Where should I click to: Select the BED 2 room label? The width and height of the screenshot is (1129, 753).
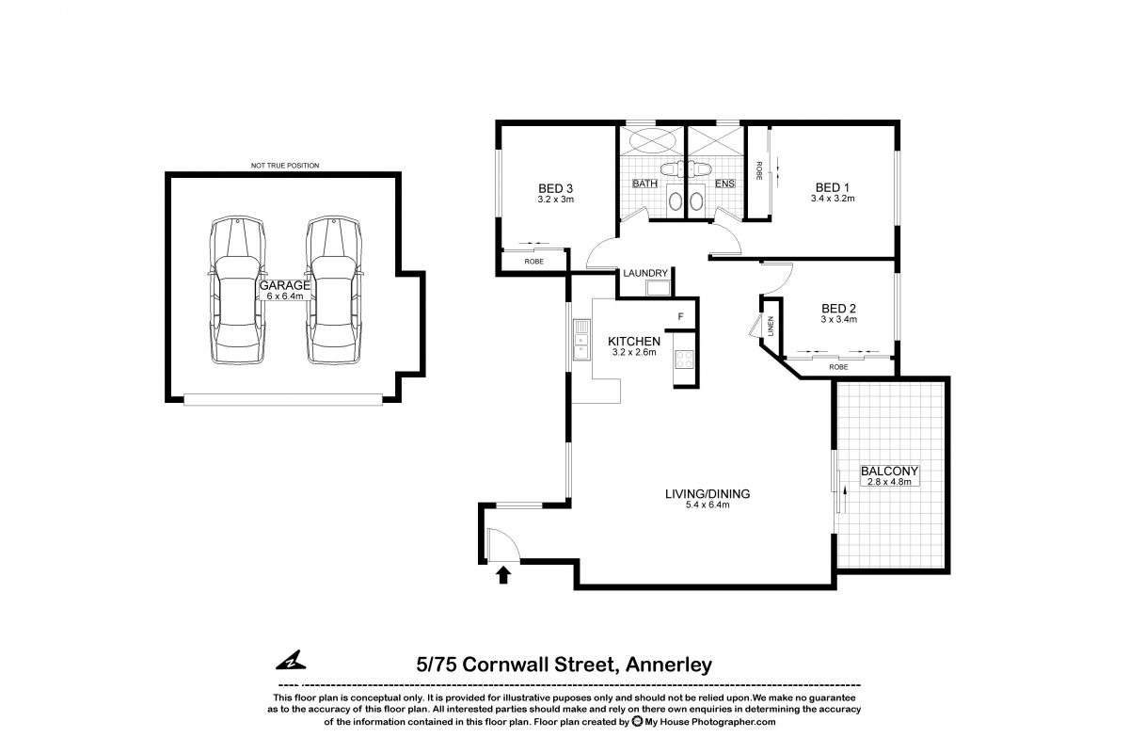[x=837, y=308]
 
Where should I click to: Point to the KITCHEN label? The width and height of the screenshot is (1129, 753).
[x=634, y=342]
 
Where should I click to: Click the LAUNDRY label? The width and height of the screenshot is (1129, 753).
[x=645, y=273]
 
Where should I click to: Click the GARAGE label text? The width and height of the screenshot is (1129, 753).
[x=285, y=284]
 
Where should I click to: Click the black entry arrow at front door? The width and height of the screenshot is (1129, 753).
[x=503, y=574]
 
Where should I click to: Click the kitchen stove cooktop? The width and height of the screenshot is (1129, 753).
[x=681, y=359]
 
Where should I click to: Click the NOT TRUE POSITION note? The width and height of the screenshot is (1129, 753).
[x=284, y=166]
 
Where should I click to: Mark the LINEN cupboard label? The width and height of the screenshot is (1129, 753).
[x=771, y=325]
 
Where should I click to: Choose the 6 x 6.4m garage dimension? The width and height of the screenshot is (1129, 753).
[x=285, y=296]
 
